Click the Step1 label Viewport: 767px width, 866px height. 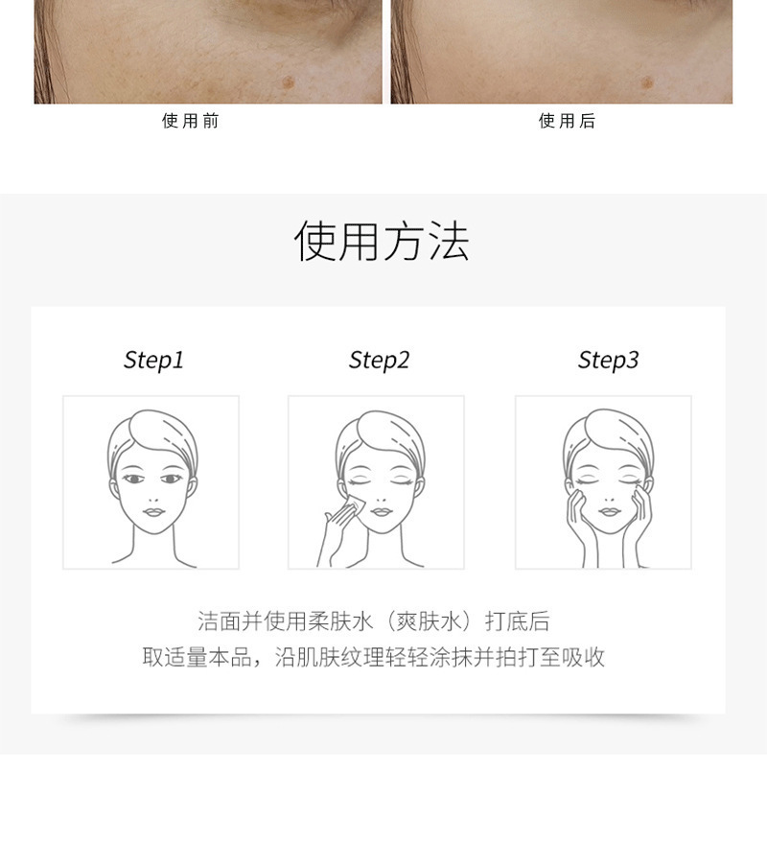(153, 361)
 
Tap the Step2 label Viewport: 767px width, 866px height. (379, 361)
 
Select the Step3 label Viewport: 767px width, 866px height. (608, 361)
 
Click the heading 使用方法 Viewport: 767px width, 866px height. (382, 242)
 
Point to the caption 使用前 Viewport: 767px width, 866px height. (191, 121)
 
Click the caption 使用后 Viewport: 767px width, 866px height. (568, 121)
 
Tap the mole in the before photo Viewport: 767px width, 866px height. (288, 82)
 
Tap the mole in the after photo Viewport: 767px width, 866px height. (647, 83)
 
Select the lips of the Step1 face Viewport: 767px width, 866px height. (153, 511)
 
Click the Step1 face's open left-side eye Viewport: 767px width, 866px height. (133, 479)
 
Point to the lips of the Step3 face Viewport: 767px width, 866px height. (609, 511)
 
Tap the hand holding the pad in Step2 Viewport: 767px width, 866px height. (337, 530)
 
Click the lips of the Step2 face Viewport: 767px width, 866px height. (381, 511)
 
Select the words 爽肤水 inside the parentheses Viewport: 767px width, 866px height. (429, 621)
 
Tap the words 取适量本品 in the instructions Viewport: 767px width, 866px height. (197, 657)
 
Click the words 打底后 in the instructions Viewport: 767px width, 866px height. (517, 621)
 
